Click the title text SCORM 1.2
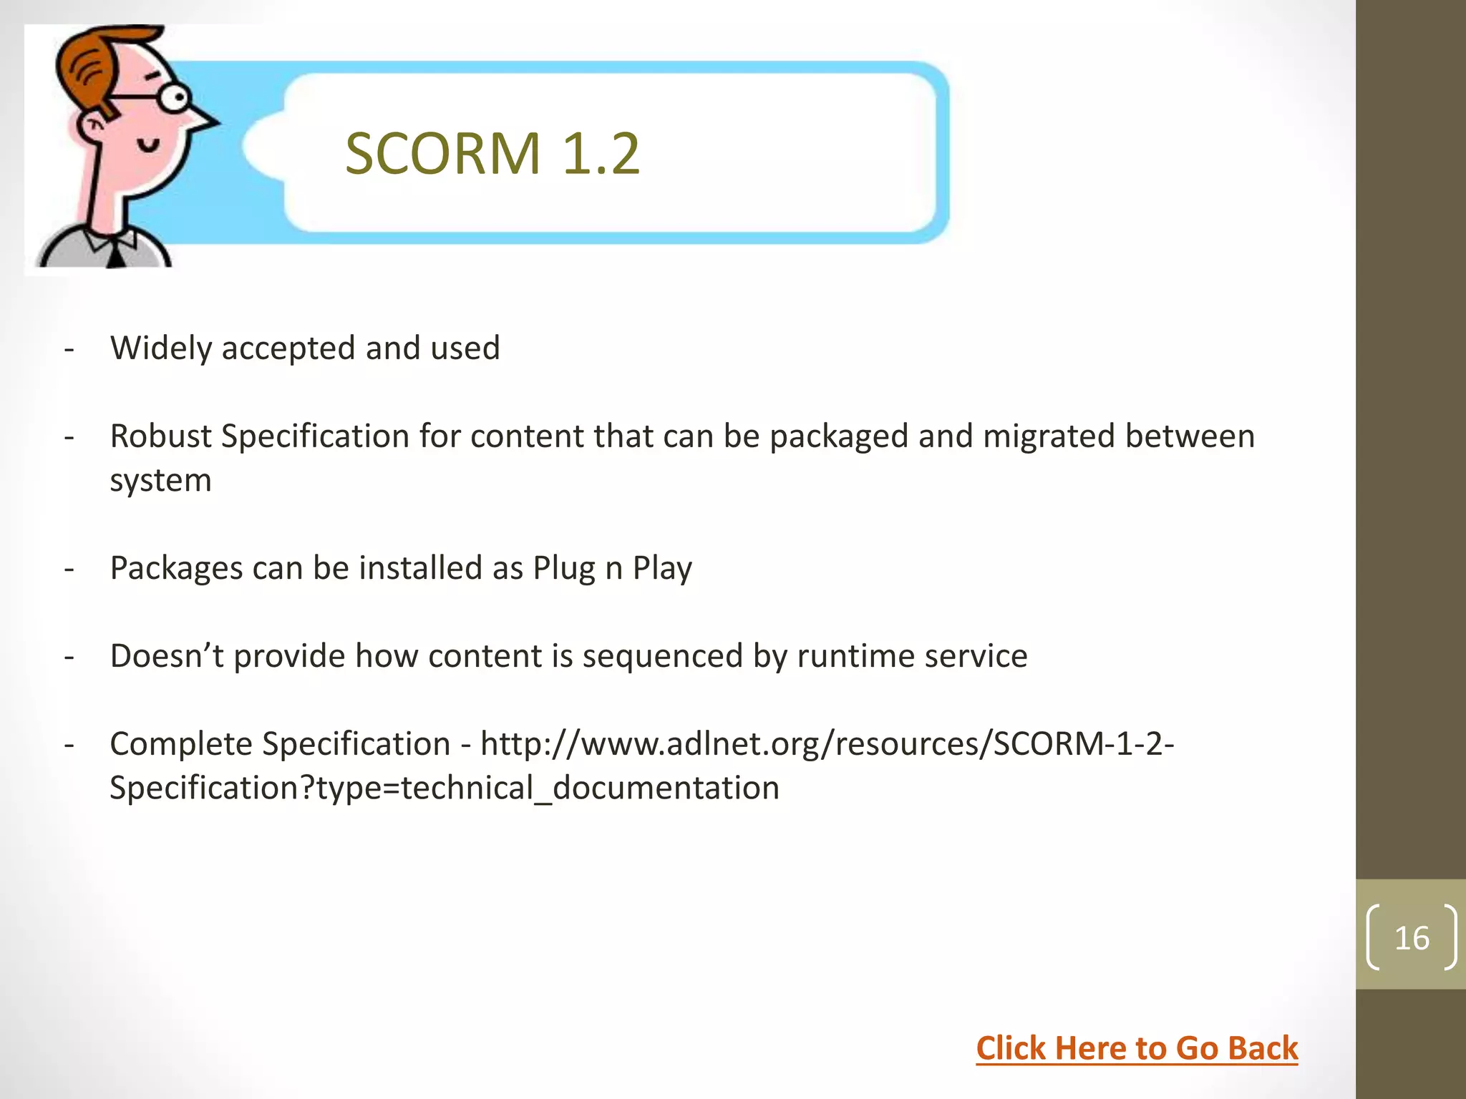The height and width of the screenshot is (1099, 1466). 492,153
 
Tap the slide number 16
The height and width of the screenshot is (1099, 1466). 1412,938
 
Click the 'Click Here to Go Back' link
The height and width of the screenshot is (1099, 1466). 1137,1048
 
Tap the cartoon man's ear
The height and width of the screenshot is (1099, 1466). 92,129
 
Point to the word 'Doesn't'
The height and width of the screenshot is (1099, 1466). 167,656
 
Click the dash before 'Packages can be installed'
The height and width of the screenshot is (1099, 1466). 69,569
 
